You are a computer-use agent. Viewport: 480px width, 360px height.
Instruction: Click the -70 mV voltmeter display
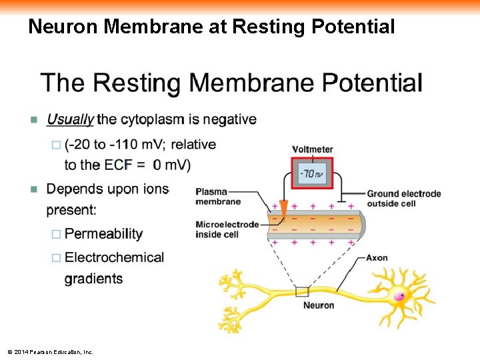tap(312, 173)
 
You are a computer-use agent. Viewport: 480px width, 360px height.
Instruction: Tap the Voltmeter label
tap(312, 149)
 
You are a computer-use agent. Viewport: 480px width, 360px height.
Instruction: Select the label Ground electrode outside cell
tap(403, 198)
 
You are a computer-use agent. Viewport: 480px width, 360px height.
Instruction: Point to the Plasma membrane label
tap(218, 197)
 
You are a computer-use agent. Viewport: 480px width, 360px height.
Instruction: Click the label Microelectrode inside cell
tap(227, 229)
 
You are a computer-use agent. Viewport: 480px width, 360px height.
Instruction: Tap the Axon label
tap(377, 258)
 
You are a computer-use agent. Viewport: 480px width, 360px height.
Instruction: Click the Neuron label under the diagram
tap(319, 305)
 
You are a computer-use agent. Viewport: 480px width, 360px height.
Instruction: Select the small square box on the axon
tap(303, 291)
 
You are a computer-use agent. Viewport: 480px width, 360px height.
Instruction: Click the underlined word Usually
tap(70, 120)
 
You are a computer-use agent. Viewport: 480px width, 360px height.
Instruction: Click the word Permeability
tap(103, 234)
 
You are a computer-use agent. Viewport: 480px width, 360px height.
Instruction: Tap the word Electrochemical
tap(114, 257)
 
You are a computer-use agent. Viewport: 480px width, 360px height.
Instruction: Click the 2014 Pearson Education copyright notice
tap(50, 351)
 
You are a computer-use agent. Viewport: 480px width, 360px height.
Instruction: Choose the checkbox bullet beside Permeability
tap(56, 235)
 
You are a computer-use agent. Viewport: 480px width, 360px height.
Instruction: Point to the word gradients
tap(93, 279)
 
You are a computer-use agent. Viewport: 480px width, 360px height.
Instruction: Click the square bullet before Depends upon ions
tap(34, 189)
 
